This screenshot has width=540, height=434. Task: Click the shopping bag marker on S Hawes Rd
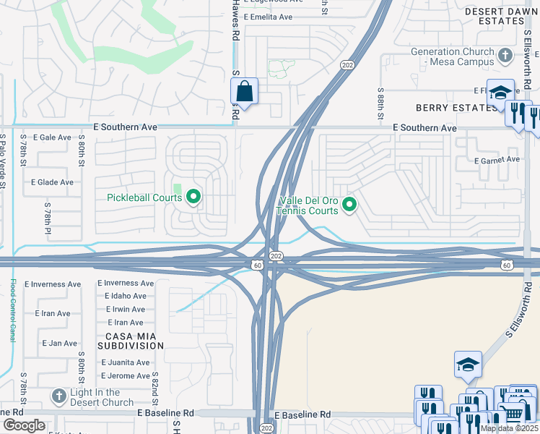pos(244,92)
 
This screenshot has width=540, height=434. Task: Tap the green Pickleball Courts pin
pos(193,196)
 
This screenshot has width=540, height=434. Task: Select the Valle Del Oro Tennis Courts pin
pos(349,206)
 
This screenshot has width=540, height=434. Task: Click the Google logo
pos(24,425)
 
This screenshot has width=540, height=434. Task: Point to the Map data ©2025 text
pos(509,428)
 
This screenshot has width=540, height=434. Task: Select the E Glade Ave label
pos(52,182)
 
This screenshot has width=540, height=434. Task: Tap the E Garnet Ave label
pos(497,159)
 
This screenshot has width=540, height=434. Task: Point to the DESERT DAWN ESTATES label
pos(501,17)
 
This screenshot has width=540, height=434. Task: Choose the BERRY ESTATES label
pos(447,108)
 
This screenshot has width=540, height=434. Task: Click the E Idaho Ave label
pos(125,296)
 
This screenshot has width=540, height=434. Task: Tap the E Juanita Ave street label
pos(126,362)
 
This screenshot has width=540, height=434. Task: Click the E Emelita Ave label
pos(268,17)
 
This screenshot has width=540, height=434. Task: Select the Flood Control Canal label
pos(12,311)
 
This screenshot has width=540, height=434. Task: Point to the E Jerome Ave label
pos(126,375)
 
